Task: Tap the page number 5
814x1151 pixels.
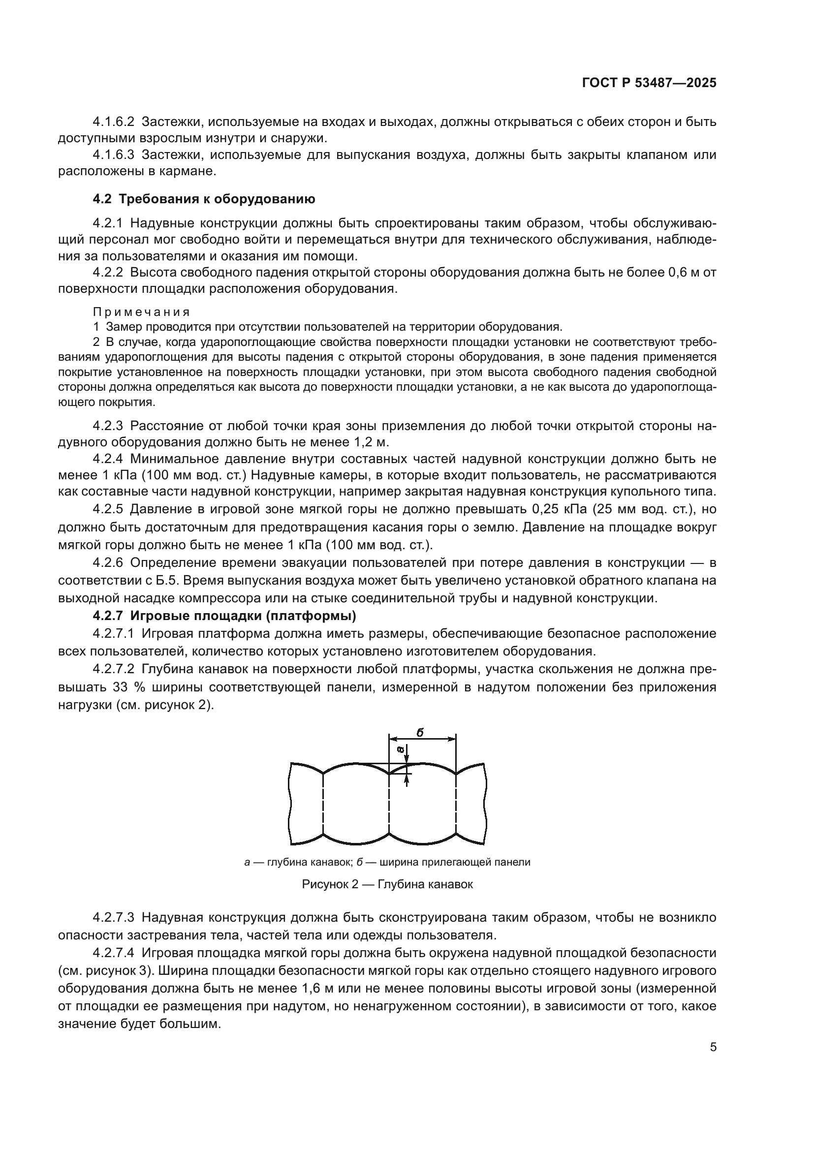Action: (x=713, y=1047)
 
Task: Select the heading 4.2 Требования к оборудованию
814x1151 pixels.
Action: (x=204, y=199)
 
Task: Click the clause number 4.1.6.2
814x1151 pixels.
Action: (x=114, y=122)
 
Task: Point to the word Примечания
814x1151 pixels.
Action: (x=141, y=312)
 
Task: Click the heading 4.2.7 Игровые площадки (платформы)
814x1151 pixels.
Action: (x=224, y=615)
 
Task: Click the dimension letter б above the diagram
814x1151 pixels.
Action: (x=419, y=732)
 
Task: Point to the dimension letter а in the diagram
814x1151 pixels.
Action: (x=400, y=748)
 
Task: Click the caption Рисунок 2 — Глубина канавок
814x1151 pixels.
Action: (x=387, y=884)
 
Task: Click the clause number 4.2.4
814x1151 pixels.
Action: (x=108, y=459)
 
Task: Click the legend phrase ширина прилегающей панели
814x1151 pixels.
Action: (x=455, y=862)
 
